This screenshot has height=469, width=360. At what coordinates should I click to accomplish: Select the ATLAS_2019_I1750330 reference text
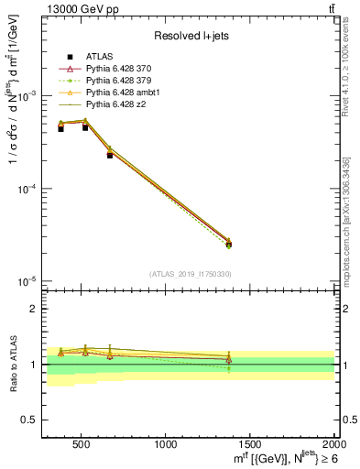(191, 274)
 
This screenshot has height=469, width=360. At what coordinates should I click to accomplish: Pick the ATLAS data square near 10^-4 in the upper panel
(109, 155)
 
